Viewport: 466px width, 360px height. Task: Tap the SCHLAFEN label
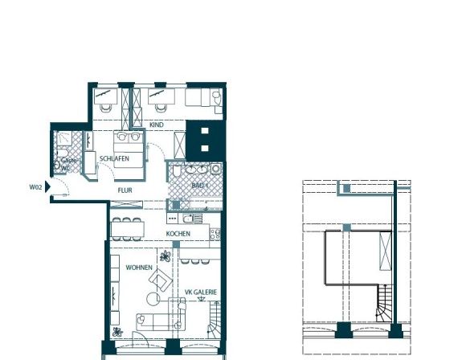114,159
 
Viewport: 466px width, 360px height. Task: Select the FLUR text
125,190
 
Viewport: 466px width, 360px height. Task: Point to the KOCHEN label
178,234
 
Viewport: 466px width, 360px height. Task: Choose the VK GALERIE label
201,292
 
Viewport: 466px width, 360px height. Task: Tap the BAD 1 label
200,186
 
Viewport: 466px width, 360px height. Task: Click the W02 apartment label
35,187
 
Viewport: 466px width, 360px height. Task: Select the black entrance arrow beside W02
48,187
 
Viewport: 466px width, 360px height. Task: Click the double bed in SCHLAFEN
130,150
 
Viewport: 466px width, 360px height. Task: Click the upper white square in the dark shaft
205,132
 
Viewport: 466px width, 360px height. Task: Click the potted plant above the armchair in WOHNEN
165,257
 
